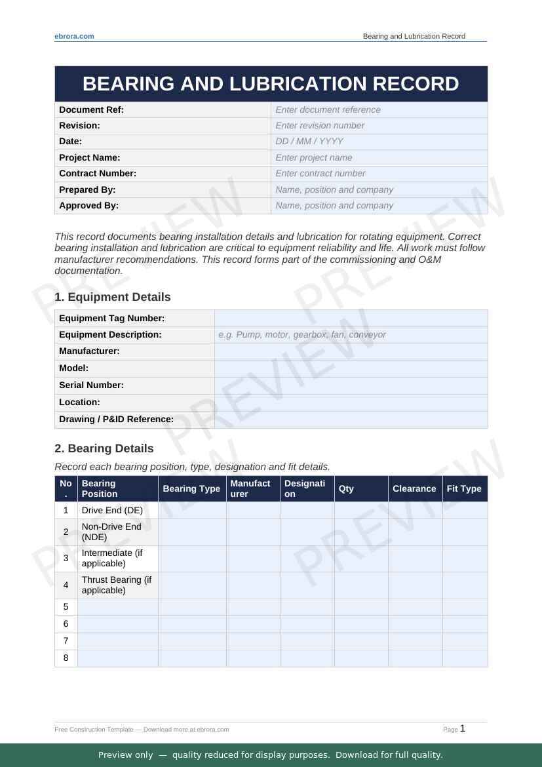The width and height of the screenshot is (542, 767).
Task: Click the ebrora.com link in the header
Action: (x=74, y=36)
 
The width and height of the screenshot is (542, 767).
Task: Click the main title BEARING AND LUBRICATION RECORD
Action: (x=271, y=84)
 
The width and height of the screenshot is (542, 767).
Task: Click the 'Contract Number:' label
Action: (x=98, y=173)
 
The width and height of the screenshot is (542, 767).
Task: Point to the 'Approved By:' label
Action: (x=88, y=205)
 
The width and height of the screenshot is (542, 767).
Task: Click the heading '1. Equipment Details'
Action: (x=112, y=297)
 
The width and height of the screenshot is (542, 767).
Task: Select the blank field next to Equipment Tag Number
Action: (x=351, y=318)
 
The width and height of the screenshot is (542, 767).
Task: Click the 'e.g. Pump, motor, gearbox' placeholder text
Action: (x=301, y=334)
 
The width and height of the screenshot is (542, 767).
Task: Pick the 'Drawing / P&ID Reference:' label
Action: (x=116, y=419)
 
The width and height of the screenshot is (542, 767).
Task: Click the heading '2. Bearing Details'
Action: (x=104, y=448)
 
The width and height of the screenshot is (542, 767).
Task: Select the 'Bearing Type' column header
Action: (x=191, y=488)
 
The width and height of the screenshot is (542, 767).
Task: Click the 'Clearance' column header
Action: (x=414, y=488)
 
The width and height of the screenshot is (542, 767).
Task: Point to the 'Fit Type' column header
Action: (x=464, y=488)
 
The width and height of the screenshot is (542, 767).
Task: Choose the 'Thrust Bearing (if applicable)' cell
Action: (x=117, y=585)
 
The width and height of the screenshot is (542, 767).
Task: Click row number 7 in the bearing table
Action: (x=66, y=640)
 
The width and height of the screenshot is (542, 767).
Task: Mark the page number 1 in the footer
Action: (x=463, y=728)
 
